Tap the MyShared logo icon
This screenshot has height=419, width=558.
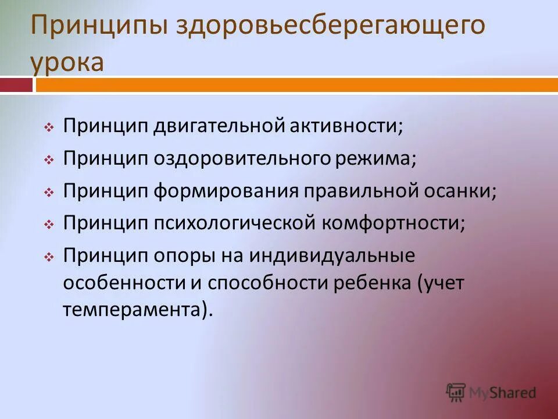(456, 392)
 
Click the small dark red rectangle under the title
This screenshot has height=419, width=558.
(16, 85)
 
